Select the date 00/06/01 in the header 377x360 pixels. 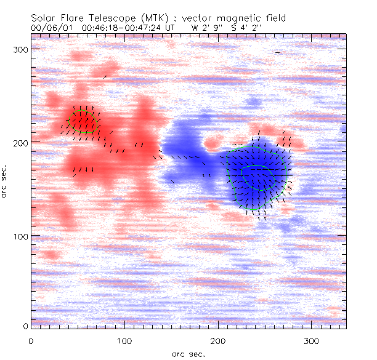pos(48,28)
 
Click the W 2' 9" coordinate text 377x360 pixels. pos(205,28)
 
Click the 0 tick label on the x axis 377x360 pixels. pos(31,340)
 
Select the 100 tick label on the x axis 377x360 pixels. pos(124,340)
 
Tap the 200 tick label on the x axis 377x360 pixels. pos(218,340)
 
